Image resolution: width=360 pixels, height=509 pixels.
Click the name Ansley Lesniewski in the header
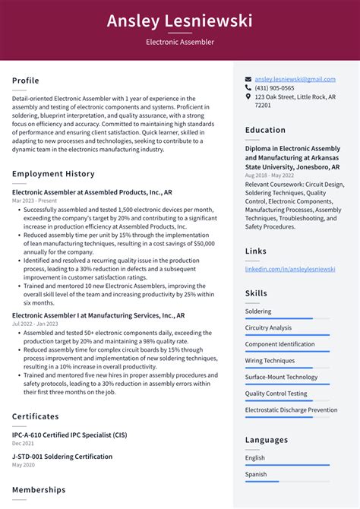point(180,21)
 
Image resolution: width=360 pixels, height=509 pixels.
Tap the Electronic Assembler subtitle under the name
point(180,43)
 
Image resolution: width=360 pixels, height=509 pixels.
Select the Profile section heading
point(26,81)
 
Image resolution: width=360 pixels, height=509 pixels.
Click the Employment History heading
point(53,174)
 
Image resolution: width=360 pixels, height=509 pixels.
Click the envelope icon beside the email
point(248,79)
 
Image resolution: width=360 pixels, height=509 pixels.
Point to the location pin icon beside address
point(248,97)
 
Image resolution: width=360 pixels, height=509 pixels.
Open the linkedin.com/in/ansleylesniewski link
point(289,269)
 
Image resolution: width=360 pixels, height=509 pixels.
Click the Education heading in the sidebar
point(265,130)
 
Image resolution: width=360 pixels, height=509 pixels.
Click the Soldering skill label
point(257,311)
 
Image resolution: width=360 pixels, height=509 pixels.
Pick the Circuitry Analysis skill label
point(268,327)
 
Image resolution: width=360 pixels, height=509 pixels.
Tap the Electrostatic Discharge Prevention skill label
point(291,410)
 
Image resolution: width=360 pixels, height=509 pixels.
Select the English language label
point(255,457)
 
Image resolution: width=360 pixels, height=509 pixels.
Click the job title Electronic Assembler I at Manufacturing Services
point(98,315)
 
